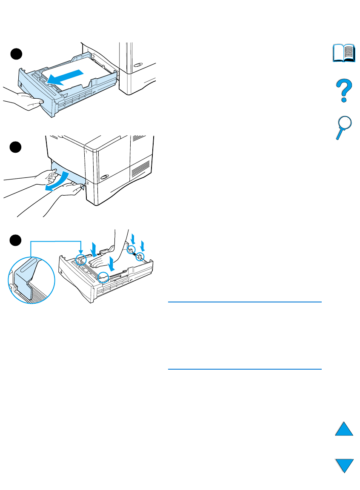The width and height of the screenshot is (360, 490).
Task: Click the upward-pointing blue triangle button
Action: coord(344,427)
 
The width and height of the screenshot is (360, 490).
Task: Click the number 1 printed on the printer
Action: coord(86,151)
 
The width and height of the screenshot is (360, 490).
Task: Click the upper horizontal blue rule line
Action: coord(244,302)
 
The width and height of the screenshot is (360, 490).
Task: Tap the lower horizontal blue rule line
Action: coord(244,369)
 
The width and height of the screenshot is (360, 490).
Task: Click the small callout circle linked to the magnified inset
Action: coord(81,259)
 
